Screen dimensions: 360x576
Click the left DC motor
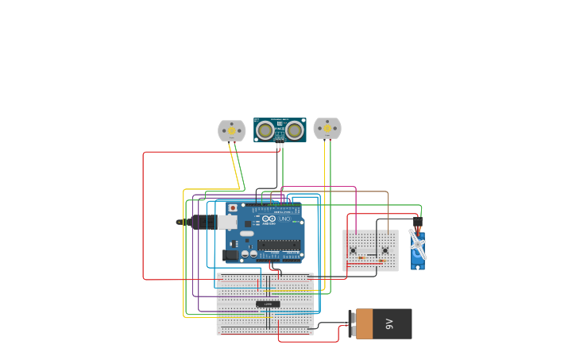tap(231, 130)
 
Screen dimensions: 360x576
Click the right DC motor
tap(327, 128)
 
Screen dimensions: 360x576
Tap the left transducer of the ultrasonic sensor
tap(265, 130)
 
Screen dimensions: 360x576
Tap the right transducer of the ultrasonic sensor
tap(295, 130)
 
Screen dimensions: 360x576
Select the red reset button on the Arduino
tap(232, 208)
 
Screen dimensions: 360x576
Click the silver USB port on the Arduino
tap(227, 223)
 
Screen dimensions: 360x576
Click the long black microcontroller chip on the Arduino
tap(278, 245)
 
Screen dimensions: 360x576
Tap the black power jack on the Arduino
tap(231, 255)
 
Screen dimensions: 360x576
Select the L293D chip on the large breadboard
tap(268, 304)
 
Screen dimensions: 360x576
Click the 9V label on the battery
tap(390, 323)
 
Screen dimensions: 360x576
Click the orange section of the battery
tap(364, 323)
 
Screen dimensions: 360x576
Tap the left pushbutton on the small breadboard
tap(354, 250)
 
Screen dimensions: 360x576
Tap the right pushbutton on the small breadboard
tap(385, 250)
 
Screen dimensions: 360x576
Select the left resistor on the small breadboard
tap(362, 258)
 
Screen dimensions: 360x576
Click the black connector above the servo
tap(418, 222)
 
